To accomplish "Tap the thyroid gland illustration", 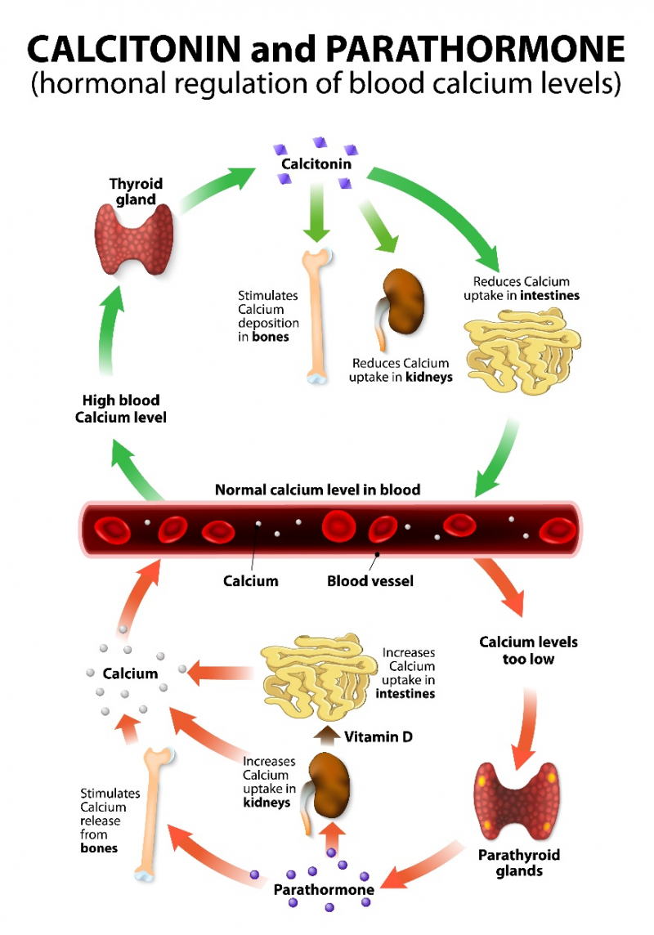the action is (134, 239).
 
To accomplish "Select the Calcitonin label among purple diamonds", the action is (316, 164).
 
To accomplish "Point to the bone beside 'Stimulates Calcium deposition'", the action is (316, 316).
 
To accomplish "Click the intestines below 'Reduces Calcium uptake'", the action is (522, 351).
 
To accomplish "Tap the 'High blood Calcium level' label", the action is (120, 409).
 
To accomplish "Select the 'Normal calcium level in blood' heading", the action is (317, 490).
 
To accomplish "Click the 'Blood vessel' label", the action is (370, 581).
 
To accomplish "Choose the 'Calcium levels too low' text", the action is (528, 651).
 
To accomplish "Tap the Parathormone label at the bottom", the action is (324, 890).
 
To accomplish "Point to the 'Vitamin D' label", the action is (378, 737).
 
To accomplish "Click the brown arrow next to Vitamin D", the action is (326, 736).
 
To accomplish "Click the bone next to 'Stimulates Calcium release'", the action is (153, 814).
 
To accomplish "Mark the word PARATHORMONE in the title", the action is (475, 49).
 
